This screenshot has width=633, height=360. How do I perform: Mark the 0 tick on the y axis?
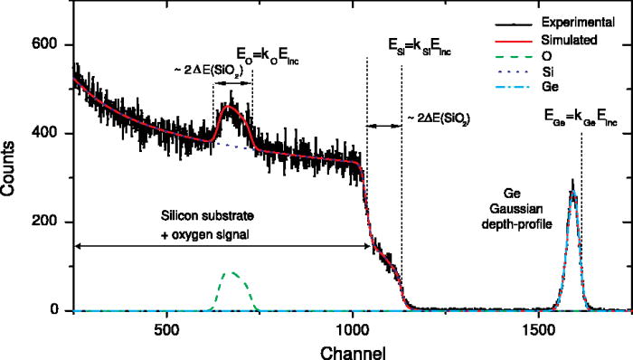(x=56, y=310)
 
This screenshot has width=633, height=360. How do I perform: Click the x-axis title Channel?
(x=352, y=348)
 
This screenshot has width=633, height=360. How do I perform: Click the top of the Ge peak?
(x=572, y=181)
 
